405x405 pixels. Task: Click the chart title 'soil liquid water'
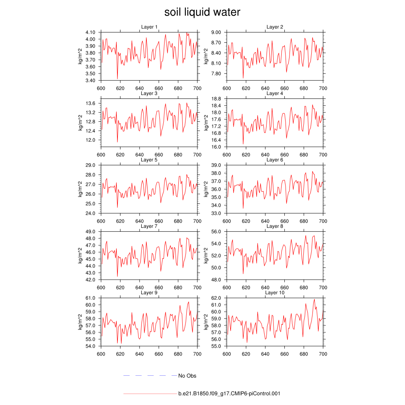(x=202, y=12)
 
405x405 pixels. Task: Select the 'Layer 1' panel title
(x=149, y=27)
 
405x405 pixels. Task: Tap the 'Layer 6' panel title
(x=274, y=160)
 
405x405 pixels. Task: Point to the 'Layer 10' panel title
(x=274, y=293)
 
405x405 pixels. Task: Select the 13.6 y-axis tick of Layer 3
(x=91, y=103)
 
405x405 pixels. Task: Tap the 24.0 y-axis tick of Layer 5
(x=91, y=213)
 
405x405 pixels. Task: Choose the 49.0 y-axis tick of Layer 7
(x=91, y=231)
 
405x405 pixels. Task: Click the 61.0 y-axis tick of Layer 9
(x=91, y=298)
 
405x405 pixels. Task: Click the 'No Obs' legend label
(x=187, y=376)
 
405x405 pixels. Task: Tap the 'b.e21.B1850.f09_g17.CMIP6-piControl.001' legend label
(x=229, y=394)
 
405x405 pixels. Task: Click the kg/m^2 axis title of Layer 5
(x=80, y=189)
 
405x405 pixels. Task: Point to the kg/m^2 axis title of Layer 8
(x=206, y=255)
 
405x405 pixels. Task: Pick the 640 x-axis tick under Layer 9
(x=139, y=354)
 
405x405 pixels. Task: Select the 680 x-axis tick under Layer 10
(x=304, y=354)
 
